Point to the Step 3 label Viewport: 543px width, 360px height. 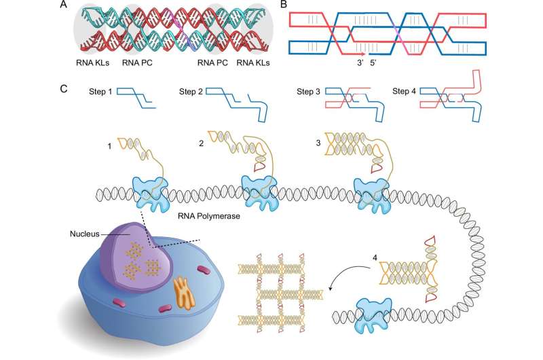(311, 91)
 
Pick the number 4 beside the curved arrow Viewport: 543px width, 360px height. (375, 258)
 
